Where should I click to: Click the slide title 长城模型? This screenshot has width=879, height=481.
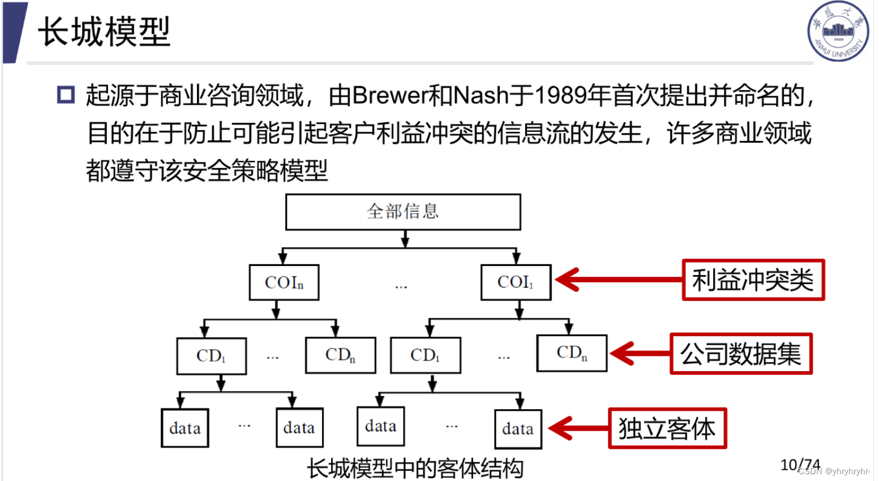[104, 32]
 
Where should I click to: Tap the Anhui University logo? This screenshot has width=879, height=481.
[838, 31]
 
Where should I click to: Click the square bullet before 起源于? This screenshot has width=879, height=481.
[66, 95]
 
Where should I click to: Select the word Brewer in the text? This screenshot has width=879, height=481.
[390, 96]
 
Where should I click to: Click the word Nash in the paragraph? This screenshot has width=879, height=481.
[481, 96]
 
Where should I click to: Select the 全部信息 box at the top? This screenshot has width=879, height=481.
[402, 212]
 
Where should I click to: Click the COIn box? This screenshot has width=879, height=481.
[284, 282]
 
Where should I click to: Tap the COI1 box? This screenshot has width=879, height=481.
[515, 282]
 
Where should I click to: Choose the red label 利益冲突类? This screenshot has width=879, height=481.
[753, 280]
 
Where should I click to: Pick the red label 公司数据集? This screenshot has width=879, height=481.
[740, 354]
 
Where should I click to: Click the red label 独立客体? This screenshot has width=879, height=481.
[667, 428]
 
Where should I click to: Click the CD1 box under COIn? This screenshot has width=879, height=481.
[211, 356]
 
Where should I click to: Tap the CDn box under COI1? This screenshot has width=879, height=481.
[572, 353]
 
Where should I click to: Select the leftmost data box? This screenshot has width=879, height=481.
[185, 428]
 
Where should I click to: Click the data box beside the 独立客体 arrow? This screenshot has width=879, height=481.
[517, 429]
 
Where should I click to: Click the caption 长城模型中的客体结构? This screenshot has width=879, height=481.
[415, 469]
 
